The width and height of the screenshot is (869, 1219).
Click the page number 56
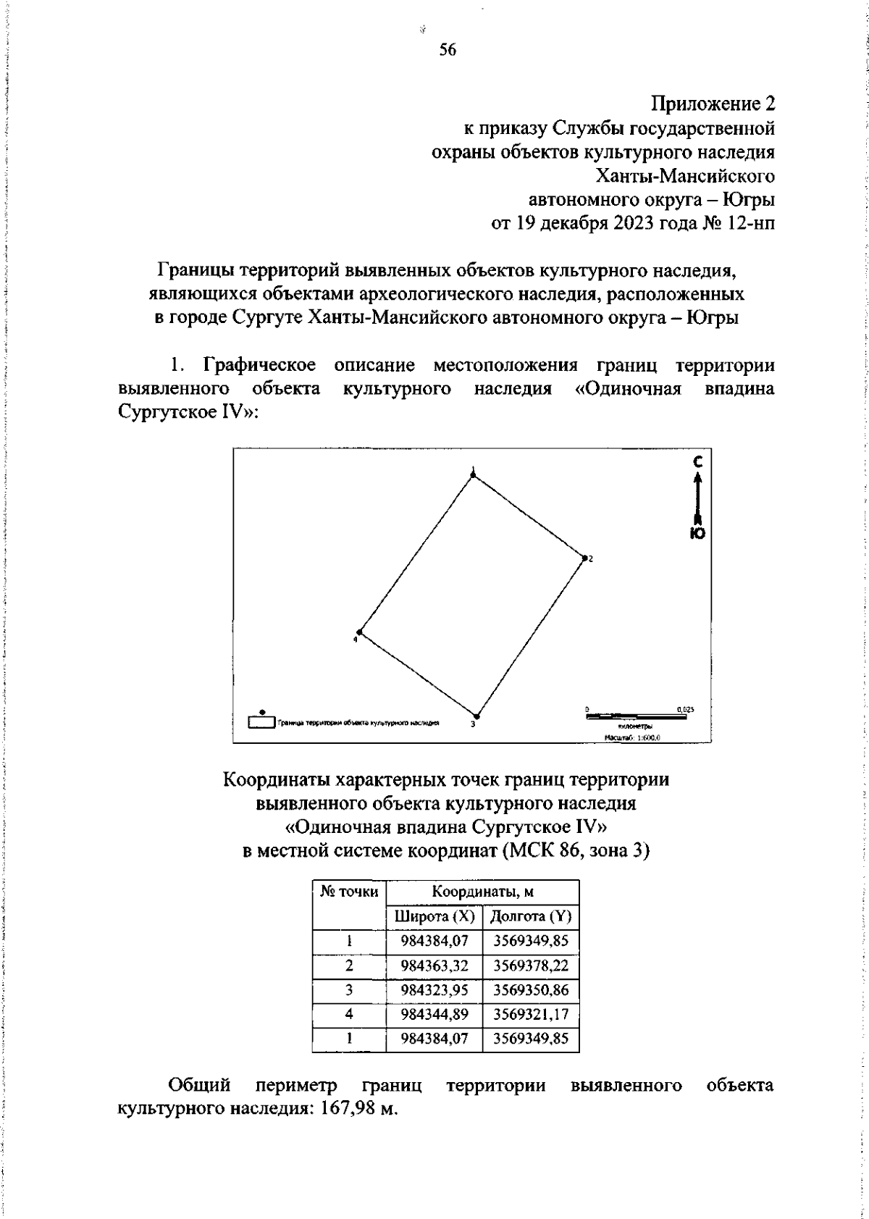point(448,50)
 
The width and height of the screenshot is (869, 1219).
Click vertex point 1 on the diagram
point(473,475)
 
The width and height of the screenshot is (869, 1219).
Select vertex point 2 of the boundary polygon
point(584,558)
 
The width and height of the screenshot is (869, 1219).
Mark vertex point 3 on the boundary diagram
point(475,714)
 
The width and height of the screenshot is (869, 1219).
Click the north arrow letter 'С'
point(697,461)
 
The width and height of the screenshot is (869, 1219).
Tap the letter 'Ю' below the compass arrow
point(697,533)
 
